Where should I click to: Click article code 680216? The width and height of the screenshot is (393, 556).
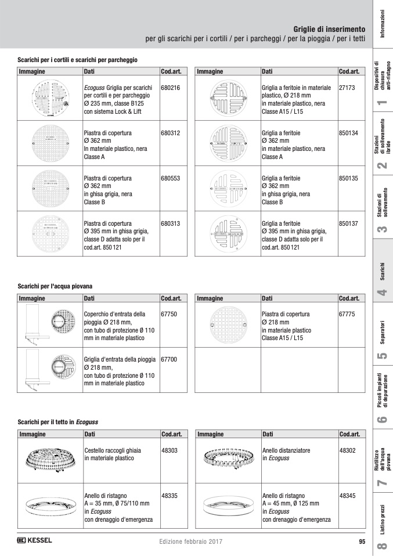pyautogui.click(x=170, y=88)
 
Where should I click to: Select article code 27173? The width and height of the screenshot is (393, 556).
pyautogui.click(x=346, y=88)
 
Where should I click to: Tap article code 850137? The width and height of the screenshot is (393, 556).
pyautogui.click(x=348, y=223)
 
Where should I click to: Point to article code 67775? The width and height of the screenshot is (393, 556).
pyautogui.click(x=347, y=314)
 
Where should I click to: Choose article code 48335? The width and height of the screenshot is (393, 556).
pyautogui.click(x=170, y=496)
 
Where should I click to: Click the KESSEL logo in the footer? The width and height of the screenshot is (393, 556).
pyautogui.click(x=35, y=541)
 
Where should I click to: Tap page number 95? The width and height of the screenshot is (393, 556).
pyautogui.click(x=362, y=541)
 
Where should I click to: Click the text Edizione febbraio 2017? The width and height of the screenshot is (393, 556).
pyautogui.click(x=190, y=541)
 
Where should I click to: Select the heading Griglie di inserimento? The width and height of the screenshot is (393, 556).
pyautogui.click(x=329, y=28)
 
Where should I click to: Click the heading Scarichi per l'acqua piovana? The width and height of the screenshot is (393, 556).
pyautogui.click(x=55, y=287)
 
